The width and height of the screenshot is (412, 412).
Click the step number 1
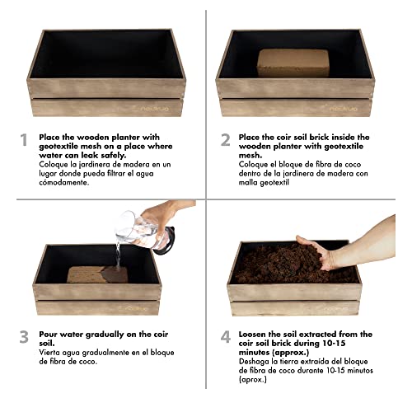(24, 140)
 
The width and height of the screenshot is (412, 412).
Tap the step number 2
(226, 140)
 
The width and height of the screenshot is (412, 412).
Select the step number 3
(24, 337)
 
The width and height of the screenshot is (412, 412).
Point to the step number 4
(226, 337)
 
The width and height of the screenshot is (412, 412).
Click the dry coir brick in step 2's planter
(293, 63)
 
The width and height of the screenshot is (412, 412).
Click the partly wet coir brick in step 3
(98, 274)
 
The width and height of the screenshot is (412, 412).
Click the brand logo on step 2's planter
(340, 108)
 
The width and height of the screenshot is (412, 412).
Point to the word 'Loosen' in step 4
(253, 335)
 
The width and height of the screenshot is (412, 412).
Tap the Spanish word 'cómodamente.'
(64, 183)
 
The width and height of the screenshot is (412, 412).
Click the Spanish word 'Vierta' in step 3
(49, 353)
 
